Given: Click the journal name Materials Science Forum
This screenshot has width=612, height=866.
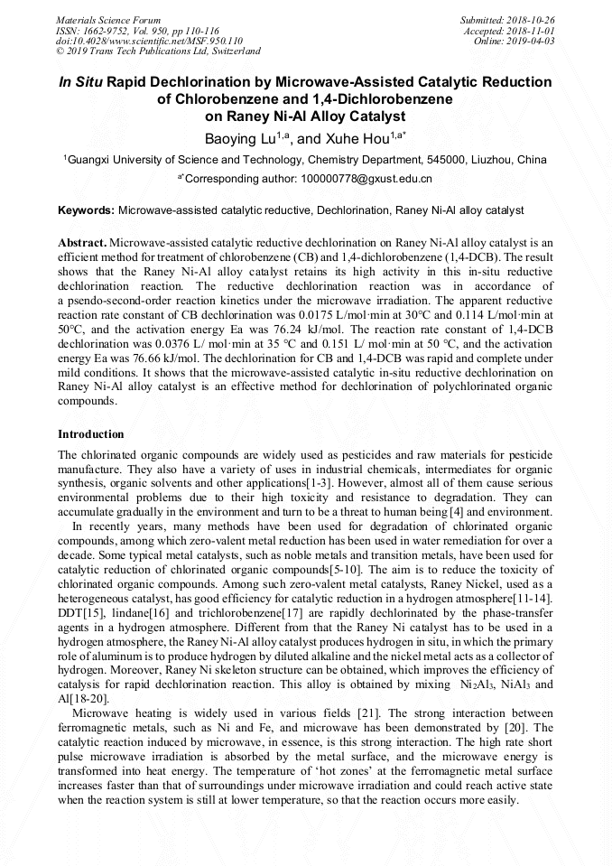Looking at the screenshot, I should pos(108,20).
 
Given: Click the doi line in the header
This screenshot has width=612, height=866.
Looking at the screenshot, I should pos(149,42).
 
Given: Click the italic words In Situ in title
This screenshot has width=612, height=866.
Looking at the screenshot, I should pos(80,82).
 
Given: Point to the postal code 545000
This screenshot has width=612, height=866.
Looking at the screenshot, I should pos(441,160).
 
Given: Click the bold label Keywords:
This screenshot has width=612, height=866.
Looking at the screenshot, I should pos(86,210).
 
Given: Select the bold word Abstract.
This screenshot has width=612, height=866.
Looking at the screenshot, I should pos(81,244).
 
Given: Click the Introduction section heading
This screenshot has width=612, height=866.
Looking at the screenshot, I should pos(91,434).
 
